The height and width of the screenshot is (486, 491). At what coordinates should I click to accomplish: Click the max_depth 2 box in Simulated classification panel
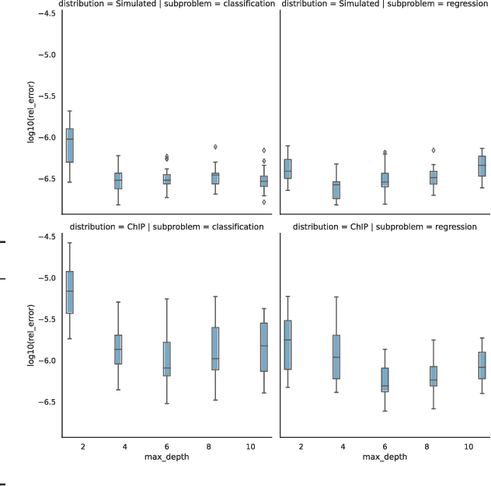click(x=69, y=145)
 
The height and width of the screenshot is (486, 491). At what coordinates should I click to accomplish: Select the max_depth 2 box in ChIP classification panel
click(x=69, y=292)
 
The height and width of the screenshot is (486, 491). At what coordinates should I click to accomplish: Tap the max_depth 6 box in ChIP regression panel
click(x=385, y=380)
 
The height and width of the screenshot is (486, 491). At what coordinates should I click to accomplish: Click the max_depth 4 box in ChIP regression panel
click(x=336, y=357)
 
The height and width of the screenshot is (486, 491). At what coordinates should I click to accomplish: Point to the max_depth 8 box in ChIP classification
click(x=215, y=349)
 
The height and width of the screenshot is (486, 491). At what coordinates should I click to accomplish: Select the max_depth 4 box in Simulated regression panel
click(x=336, y=189)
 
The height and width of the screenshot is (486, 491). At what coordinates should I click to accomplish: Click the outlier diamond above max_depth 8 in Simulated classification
click(x=215, y=147)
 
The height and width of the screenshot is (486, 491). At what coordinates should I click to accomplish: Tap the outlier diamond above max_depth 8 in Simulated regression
click(x=434, y=150)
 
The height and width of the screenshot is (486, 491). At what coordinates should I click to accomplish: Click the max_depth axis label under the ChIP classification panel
click(x=167, y=458)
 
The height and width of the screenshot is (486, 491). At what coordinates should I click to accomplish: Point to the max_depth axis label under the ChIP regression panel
click(x=385, y=458)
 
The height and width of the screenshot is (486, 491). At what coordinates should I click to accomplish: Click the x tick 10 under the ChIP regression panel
click(x=468, y=447)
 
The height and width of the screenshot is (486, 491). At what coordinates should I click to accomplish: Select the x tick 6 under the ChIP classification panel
click(x=167, y=447)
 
